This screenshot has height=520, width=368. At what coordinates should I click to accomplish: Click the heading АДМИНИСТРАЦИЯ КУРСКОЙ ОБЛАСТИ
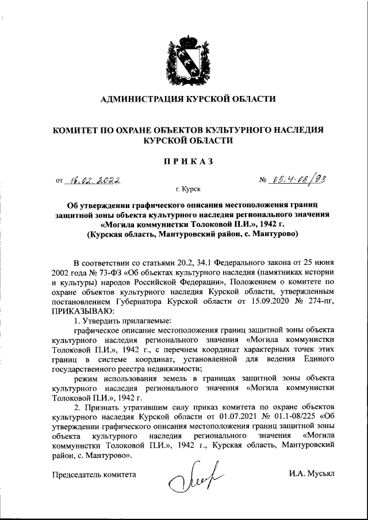pyautogui.click(x=187, y=99)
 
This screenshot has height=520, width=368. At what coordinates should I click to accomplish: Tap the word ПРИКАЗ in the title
pyautogui.click(x=187, y=160)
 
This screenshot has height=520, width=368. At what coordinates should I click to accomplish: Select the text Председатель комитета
pyautogui.click(x=94, y=475)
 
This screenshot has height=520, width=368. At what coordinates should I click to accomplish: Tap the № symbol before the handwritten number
pyautogui.click(x=264, y=180)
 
